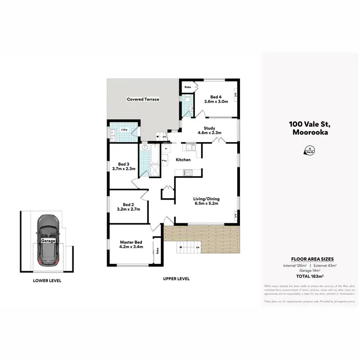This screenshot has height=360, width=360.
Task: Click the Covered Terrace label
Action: [x=143, y=99]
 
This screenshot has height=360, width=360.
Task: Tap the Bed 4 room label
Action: [x=216, y=96]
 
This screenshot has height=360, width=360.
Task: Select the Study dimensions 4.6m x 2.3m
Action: [x=209, y=133]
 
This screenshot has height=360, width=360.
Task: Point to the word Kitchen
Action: [x=183, y=160]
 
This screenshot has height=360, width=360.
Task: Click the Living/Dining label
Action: [x=205, y=198]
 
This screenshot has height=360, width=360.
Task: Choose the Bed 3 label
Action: [x=124, y=164]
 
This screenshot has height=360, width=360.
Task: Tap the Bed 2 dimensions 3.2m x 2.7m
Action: [x=128, y=209]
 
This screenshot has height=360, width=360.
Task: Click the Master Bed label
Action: [x=131, y=242]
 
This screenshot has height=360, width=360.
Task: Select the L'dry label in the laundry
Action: [x=124, y=130]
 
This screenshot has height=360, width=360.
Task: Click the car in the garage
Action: [x=48, y=240]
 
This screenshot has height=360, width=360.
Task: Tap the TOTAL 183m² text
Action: [x=309, y=276]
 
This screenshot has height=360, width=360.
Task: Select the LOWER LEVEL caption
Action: [x=47, y=281]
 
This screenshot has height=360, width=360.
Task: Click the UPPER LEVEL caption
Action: [x=176, y=278]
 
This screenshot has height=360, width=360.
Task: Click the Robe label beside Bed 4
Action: [x=188, y=87]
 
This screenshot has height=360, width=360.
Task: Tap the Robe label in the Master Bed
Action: [x=157, y=250]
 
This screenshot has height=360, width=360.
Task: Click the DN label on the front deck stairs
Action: [x=197, y=247]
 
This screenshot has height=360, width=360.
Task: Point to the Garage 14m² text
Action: [x=309, y=270]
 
